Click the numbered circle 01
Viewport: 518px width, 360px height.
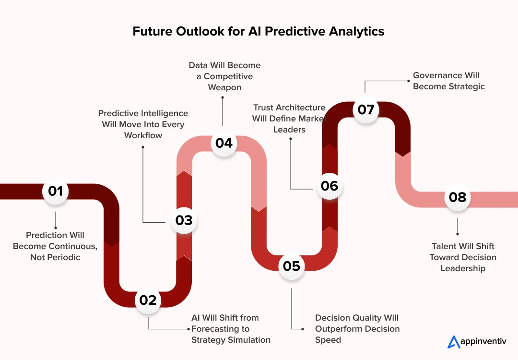56,192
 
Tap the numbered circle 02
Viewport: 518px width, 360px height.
148,300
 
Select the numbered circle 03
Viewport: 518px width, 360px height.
184,220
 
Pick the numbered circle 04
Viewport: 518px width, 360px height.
224,143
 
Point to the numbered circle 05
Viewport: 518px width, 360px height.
292,266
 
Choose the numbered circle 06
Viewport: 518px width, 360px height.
330,186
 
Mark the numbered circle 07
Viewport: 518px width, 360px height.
366,110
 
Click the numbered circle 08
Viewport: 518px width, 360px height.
458,197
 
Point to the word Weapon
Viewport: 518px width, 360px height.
224,87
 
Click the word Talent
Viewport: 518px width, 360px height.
446,246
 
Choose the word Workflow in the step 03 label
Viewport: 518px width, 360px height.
143,135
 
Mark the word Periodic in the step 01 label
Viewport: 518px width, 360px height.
63,257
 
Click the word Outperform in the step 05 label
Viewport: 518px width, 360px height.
336,329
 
